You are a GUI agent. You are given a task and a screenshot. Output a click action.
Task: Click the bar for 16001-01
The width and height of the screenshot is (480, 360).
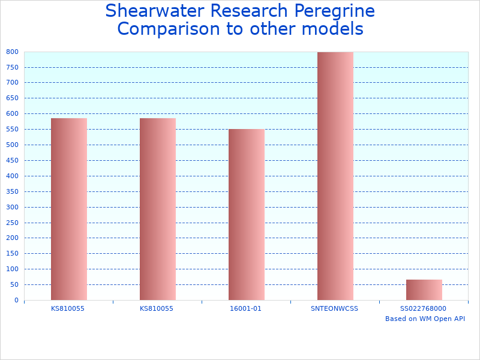click(x=246, y=214)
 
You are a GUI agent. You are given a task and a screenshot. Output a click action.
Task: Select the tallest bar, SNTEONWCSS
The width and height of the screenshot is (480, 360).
click(x=335, y=176)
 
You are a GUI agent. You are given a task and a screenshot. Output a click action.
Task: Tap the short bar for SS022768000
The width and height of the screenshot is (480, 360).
click(x=424, y=290)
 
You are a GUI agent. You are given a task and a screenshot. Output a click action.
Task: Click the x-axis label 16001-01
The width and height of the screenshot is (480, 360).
click(x=245, y=308)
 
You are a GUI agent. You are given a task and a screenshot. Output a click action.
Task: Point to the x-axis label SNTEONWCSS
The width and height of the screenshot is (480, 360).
click(x=334, y=308)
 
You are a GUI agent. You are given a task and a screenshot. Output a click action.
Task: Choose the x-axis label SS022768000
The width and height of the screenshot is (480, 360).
click(x=423, y=308)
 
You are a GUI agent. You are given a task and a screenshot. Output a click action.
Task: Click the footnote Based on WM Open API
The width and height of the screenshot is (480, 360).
click(x=425, y=319)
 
